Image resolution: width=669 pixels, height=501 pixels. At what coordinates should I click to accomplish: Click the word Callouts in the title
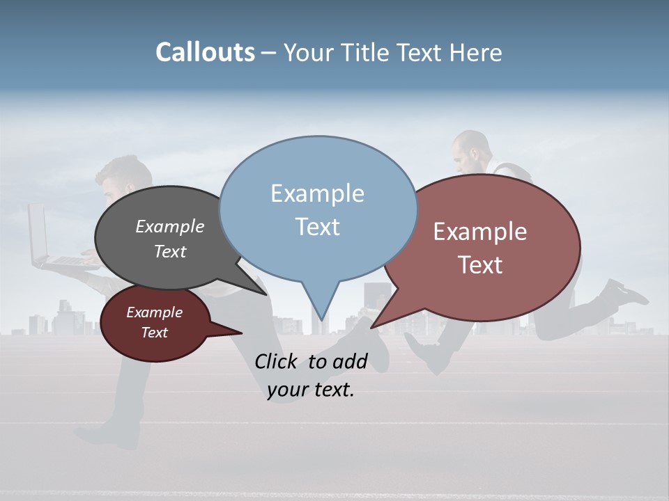(205, 53)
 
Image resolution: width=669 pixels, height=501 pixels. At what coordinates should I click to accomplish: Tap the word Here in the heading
(477, 53)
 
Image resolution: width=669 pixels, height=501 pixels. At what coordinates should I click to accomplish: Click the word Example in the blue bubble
(317, 193)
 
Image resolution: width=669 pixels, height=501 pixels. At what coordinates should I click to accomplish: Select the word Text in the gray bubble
(170, 252)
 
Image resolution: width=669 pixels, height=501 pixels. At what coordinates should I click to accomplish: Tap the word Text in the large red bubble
(480, 265)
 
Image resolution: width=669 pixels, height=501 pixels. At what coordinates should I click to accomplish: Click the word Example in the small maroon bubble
(154, 312)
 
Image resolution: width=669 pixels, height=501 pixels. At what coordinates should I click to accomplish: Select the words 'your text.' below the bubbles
(311, 390)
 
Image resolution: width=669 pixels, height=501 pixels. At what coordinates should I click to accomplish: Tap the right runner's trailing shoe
(624, 292)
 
